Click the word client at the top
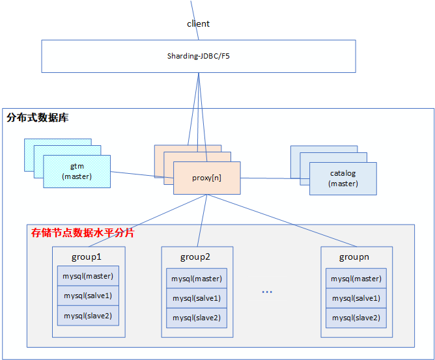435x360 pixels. pyautogui.click(x=198, y=23)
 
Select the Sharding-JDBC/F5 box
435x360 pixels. pyautogui.click(x=198, y=56)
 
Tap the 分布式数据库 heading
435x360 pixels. pyautogui.click(x=38, y=118)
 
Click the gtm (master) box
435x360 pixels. pyautogui.click(x=77, y=172)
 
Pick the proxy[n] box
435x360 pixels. pyautogui.click(x=206, y=178)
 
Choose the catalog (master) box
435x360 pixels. pyautogui.click(x=343, y=178)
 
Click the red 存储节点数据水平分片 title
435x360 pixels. pyautogui.click(x=83, y=232)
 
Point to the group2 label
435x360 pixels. pyautogui.click(x=195, y=256)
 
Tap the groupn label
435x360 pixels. pyautogui.click(x=354, y=256)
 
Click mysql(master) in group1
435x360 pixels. pyautogui.click(x=88, y=276)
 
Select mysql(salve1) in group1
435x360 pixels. pyautogui.click(x=88, y=296)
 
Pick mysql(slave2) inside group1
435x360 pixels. pyautogui.click(x=88, y=316)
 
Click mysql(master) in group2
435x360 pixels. pyautogui.click(x=197, y=279)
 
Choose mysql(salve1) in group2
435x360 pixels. pyautogui.click(x=197, y=298)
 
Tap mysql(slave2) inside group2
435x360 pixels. pyautogui.click(x=197, y=318)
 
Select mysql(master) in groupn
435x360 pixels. pyautogui.click(x=356, y=279)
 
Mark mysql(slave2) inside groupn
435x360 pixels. pyautogui.click(x=356, y=318)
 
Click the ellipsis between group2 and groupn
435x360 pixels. pyautogui.click(x=267, y=292)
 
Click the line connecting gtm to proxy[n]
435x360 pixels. pyautogui.click(x=142, y=174)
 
